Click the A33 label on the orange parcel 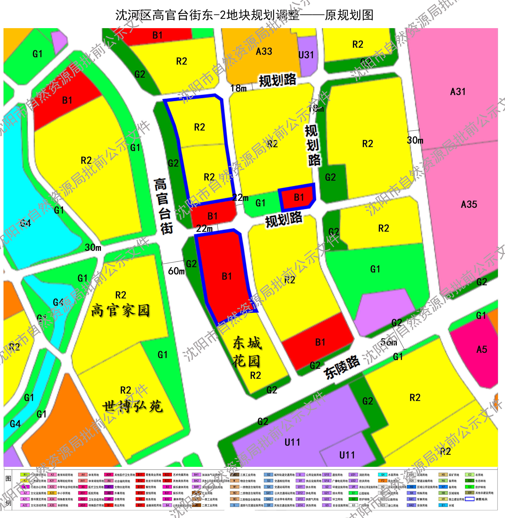point(264,51)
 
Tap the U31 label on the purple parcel point(306,55)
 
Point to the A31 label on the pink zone point(458,92)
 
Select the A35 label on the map point(469,204)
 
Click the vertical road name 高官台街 point(163,206)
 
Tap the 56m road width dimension point(389,342)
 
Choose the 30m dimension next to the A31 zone point(415,140)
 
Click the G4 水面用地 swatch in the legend point(383,475)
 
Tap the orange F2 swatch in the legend point(383,481)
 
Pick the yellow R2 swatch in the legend point(25,481)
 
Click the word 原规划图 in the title point(349,15)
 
